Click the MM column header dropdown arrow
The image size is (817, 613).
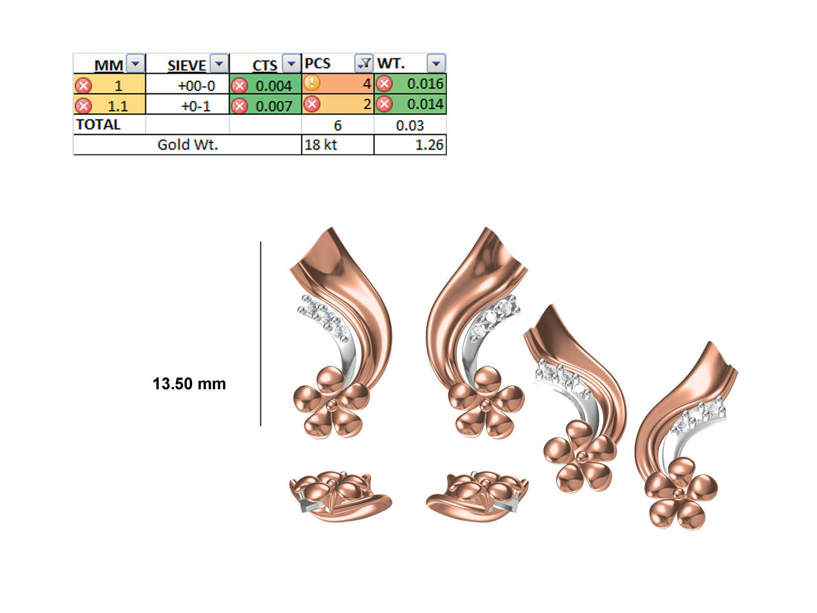pos(135,64)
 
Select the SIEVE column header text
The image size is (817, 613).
pos(187,65)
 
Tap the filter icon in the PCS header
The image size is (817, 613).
pos(364,64)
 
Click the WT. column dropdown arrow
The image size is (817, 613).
pos(436,64)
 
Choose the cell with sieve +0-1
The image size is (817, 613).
pos(196,106)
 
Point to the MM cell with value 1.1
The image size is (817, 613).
pos(117,106)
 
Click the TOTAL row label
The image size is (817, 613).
pos(98,125)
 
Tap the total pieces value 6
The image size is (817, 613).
pos(338,125)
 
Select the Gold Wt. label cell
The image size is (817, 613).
pos(187,145)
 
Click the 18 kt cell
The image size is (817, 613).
pos(321,145)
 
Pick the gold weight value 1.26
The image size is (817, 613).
pos(429,145)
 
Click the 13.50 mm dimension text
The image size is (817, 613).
pos(189,384)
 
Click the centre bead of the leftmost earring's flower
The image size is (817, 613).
pos(332,404)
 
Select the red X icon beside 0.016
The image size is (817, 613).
pos(385,84)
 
